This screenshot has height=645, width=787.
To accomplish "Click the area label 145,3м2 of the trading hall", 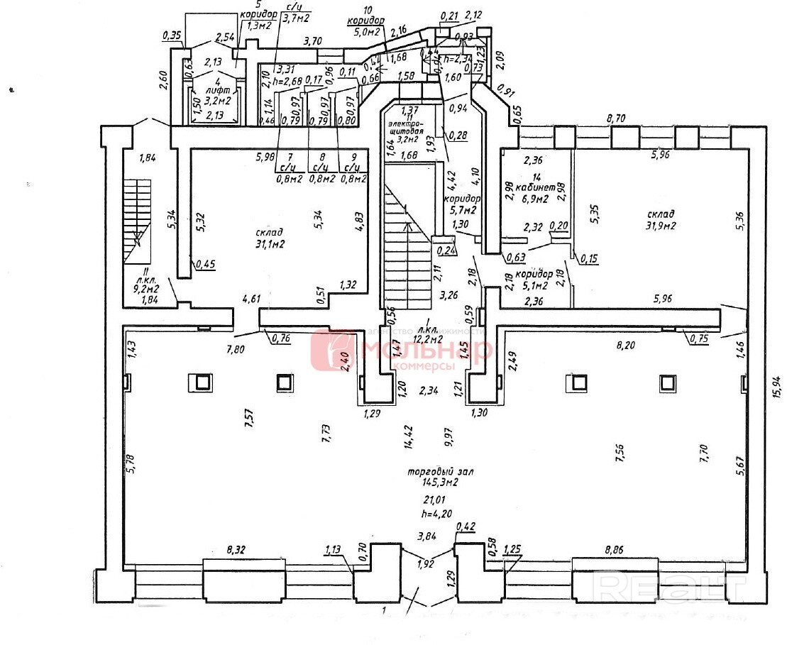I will (x=431, y=483).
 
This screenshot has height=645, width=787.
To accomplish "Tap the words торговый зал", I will (x=431, y=471).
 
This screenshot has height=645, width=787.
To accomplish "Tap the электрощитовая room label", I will (x=405, y=131).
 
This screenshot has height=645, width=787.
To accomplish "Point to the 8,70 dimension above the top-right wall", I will (x=616, y=120).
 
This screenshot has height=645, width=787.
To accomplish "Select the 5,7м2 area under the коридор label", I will (x=462, y=210).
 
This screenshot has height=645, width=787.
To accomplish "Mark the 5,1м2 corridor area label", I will (x=534, y=285).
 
